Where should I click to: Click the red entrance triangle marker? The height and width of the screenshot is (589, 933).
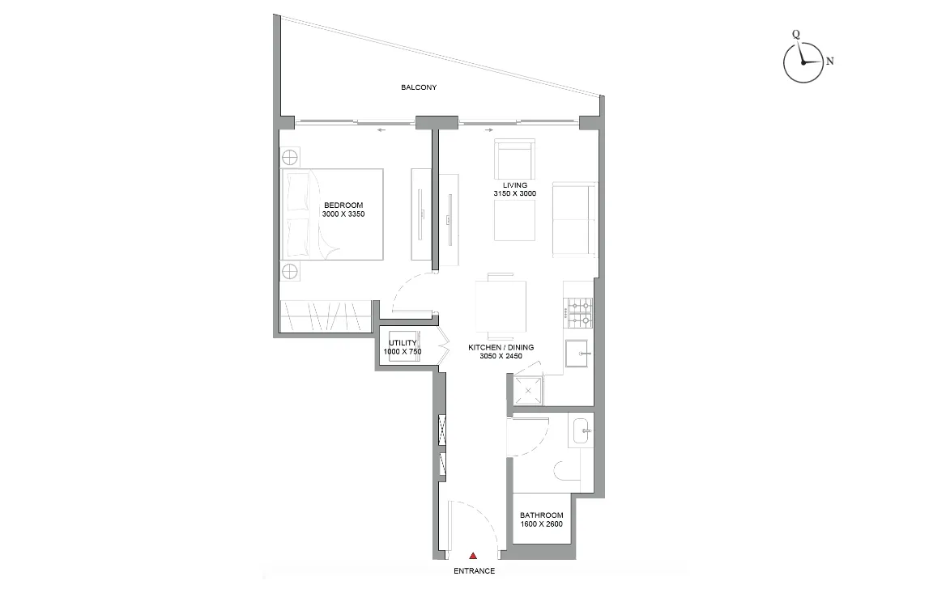coord(473,555)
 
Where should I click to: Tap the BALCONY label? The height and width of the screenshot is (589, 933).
coord(419,87)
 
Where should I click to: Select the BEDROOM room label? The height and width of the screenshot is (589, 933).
coord(343,205)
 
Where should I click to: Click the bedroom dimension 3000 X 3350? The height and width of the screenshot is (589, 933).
coord(343,214)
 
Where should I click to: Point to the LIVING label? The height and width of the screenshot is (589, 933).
coord(514,185)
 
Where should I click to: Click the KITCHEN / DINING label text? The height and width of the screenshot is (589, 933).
coord(501,347)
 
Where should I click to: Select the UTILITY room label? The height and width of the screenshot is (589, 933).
coord(402,343)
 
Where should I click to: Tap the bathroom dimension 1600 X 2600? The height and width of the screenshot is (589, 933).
coord(541,524)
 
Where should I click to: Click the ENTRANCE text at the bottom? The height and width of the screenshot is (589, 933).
coord(474,571)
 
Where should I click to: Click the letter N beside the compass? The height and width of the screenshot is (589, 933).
coord(829,61)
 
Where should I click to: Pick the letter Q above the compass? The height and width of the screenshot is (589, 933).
coord(796,34)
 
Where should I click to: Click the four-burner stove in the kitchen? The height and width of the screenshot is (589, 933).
coord(578,311)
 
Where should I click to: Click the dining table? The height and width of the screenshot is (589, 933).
coord(501,307)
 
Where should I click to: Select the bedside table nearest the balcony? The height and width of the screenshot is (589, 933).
coord(291,155)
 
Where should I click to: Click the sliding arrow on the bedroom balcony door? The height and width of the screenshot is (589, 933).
coord(380,129)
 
